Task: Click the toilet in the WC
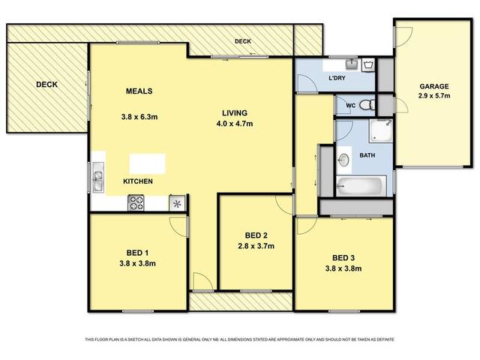(367, 105)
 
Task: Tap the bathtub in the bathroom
(361, 185)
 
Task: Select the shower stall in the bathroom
(380, 131)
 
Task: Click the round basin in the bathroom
(343, 160)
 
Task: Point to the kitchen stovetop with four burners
(136, 202)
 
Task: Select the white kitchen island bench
(148, 163)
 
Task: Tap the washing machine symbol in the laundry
(368, 65)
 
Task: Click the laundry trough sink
(352, 64)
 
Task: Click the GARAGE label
(433, 86)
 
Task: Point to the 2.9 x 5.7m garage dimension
(434, 96)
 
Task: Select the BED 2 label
(256, 235)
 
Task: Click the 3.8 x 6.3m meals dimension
(139, 117)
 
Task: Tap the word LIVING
(235, 113)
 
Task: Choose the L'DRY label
(337, 78)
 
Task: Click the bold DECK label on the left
(46, 85)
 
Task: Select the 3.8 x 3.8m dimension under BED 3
(343, 268)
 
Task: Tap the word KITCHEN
(138, 181)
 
